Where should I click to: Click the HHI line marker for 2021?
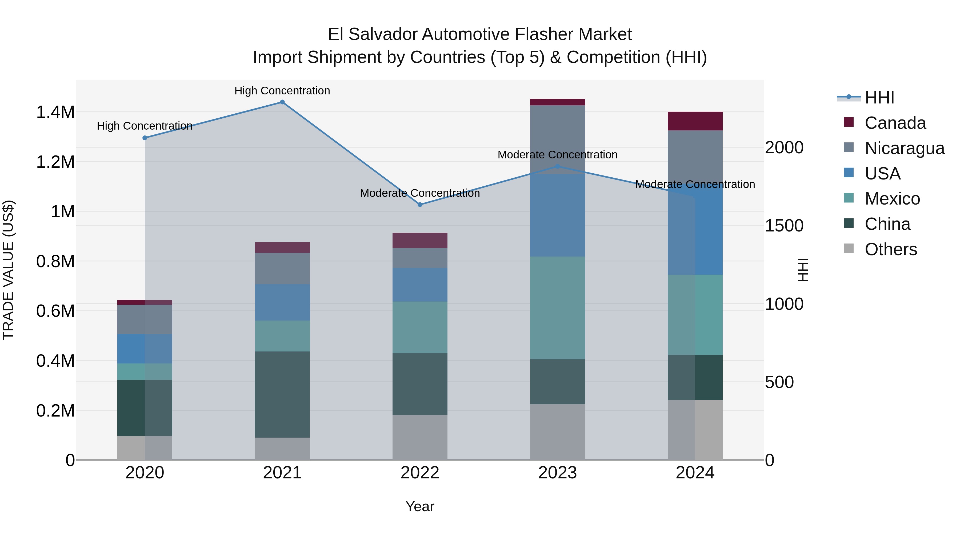282,102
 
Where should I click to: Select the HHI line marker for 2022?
420,205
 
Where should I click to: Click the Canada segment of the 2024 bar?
695,121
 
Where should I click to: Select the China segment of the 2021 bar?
282,394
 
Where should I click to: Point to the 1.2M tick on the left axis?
55,162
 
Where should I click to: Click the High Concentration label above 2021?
282,91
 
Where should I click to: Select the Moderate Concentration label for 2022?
420,193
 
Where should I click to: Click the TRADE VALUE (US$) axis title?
8,270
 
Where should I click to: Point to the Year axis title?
420,506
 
